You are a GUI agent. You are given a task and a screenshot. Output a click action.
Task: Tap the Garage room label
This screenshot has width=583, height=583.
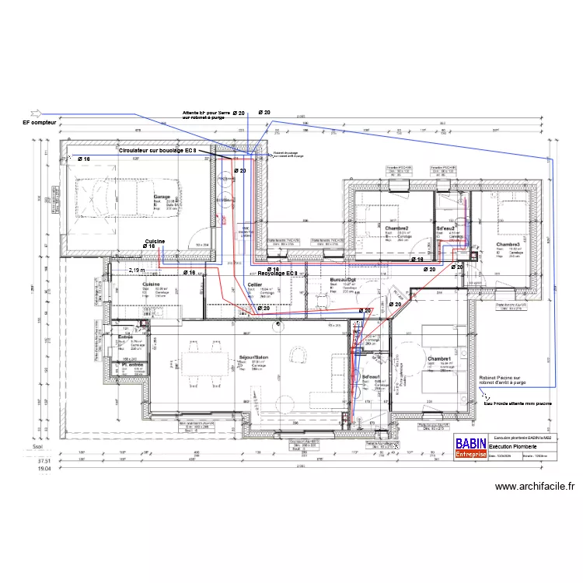pyautogui.click(x=162, y=197)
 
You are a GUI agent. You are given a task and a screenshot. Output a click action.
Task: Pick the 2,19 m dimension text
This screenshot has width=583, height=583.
pyautogui.click(x=137, y=270)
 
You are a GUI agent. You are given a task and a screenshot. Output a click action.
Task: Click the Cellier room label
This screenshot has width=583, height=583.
pyautogui.click(x=254, y=285)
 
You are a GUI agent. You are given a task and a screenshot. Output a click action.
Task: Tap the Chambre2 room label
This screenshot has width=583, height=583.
pyautogui.click(x=397, y=228)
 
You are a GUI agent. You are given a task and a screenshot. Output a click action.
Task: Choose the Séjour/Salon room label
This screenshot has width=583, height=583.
pyautogui.click(x=253, y=358)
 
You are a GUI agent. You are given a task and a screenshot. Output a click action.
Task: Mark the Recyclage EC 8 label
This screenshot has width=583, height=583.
pyautogui.click(x=272, y=274)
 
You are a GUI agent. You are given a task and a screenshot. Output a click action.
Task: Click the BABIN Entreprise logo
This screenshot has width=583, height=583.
pyautogui.click(x=470, y=445)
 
